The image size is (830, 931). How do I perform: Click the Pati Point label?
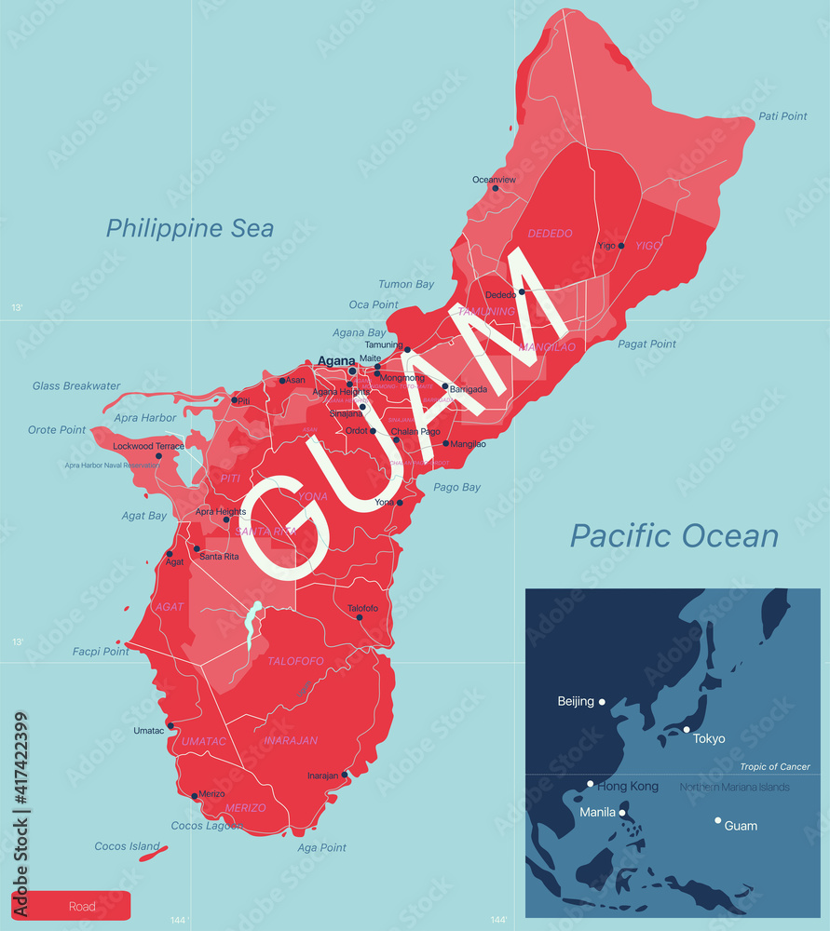click(x=782, y=116)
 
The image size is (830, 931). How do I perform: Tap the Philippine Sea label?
click(x=190, y=228)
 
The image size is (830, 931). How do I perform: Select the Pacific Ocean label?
click(x=674, y=535)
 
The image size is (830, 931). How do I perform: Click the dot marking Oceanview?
click(x=496, y=189)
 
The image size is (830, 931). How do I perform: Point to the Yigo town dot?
click(x=621, y=246)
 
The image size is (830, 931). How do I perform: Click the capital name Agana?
click(x=335, y=361)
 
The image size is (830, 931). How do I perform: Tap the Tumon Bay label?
click(x=406, y=285)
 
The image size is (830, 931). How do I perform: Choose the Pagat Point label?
click(x=646, y=344)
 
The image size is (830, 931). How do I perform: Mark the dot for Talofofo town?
click(x=360, y=616)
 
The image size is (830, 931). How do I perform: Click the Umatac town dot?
click(x=170, y=726)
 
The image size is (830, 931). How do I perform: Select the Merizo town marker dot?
click(x=195, y=796)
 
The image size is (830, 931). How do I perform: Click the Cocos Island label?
click(x=127, y=846)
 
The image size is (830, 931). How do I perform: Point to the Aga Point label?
click(x=321, y=848)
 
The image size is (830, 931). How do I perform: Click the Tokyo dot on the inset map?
click(x=687, y=729)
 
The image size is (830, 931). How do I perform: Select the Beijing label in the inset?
click(x=576, y=701)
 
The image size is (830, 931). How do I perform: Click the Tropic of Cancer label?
click(x=775, y=767)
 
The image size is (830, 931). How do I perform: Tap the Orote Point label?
click(x=57, y=430)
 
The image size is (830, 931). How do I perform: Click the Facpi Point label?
click(x=101, y=652)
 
